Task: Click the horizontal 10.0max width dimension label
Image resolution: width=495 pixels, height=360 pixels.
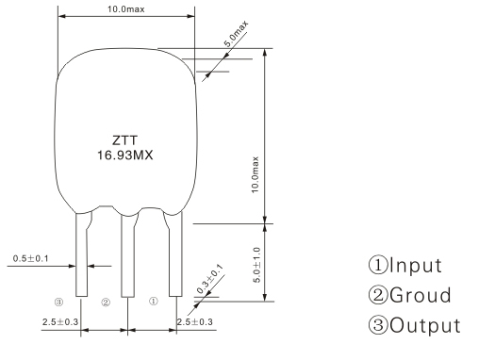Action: point(126,8)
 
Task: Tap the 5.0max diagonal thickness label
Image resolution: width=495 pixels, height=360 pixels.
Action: point(237,34)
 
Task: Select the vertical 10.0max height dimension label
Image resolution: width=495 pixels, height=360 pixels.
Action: point(256,174)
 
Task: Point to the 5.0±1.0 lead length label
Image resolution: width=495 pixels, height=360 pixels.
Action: point(256,265)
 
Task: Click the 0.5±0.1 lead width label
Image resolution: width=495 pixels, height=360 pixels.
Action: point(30,259)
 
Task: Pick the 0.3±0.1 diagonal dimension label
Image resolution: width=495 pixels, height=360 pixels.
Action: point(209,279)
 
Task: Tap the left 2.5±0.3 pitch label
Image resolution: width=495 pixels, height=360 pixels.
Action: point(60,322)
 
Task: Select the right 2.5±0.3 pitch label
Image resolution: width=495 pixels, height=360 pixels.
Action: point(195,322)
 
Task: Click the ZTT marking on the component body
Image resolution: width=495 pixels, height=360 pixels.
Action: point(125,140)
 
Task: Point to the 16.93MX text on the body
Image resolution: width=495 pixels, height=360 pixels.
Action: point(124,155)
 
